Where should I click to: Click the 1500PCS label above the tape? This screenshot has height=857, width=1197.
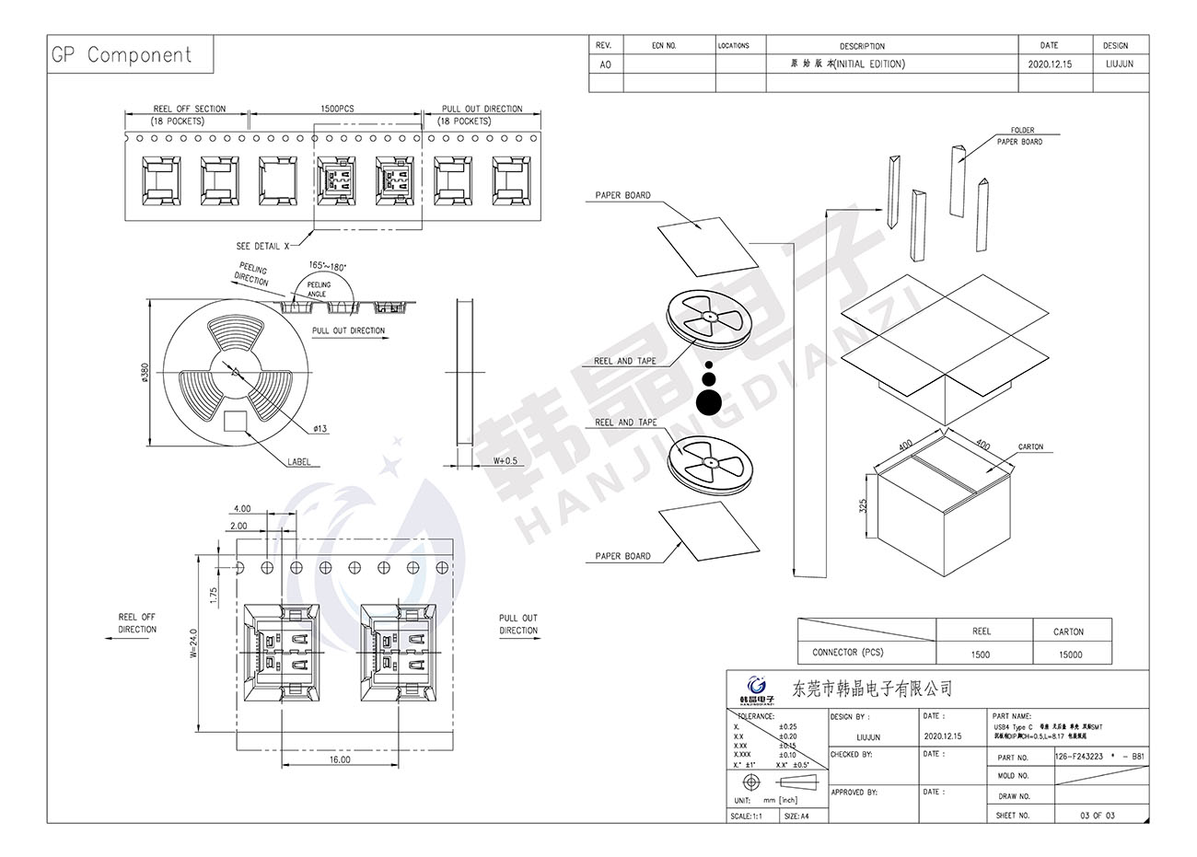click(x=337, y=109)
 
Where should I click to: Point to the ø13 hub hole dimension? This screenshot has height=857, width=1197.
click(x=320, y=429)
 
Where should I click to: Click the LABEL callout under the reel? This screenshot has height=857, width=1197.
click(x=299, y=462)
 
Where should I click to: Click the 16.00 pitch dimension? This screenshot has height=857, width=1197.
click(x=339, y=760)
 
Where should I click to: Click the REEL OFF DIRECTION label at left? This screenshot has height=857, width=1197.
click(x=137, y=623)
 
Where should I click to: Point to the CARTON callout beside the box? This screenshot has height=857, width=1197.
click(x=1030, y=447)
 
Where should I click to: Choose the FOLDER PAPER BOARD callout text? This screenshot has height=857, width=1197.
click(x=1020, y=136)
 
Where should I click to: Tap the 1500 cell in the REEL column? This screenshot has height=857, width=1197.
click(x=981, y=654)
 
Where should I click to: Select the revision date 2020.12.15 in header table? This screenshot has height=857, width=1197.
click(x=1049, y=64)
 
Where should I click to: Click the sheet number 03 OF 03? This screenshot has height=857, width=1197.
click(x=1097, y=816)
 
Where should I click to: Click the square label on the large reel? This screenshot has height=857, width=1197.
click(x=237, y=421)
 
